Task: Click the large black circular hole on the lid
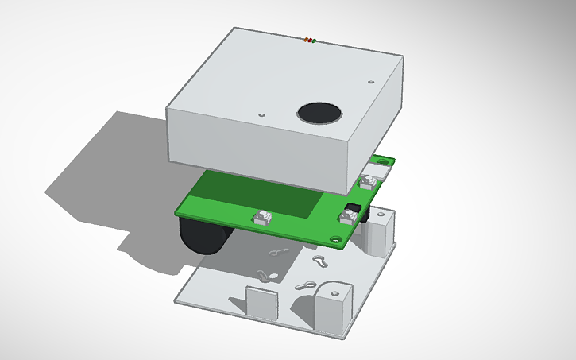pos(319,113)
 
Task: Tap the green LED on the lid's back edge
pos(314,40)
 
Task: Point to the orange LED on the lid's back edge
pos(310,39)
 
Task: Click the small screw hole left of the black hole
pos(262,114)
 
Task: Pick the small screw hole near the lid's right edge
pos(371,80)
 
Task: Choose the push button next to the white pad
pos(366,181)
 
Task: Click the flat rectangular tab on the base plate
pos(261,301)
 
